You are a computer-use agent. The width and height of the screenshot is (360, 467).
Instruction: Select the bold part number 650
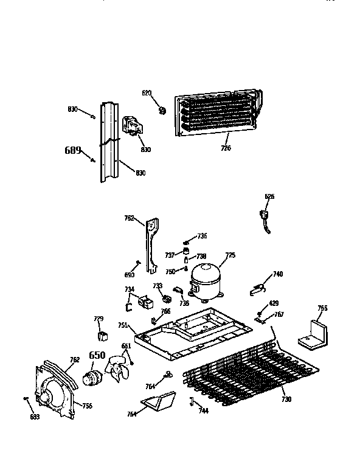(x=97, y=356)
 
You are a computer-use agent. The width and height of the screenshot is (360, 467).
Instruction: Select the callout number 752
(x=130, y=217)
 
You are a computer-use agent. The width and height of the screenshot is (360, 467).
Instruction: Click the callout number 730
(x=286, y=399)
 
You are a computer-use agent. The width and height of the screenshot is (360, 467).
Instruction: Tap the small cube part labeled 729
(x=102, y=335)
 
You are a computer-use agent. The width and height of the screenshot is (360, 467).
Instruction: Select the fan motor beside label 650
(x=94, y=374)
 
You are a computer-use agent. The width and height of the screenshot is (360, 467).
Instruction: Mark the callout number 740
(x=278, y=274)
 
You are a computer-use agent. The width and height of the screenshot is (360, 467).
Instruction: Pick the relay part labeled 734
(x=146, y=300)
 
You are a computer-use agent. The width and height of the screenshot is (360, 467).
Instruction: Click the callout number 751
(x=123, y=326)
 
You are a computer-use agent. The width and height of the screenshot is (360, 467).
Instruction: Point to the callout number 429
(x=274, y=303)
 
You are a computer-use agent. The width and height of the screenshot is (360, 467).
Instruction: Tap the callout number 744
(x=202, y=410)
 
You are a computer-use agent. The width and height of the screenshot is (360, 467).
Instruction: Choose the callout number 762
(x=75, y=360)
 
